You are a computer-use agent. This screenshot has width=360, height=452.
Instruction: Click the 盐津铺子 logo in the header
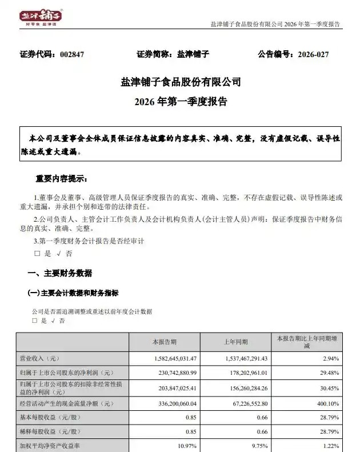point(41,18)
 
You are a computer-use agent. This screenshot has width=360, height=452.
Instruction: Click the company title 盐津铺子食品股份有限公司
point(181,82)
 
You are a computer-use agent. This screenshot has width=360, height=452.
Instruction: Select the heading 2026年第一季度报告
point(181,102)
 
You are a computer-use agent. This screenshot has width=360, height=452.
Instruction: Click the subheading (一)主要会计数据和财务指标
point(73,293)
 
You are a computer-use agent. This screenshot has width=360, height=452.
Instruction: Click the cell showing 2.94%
point(331,358)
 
